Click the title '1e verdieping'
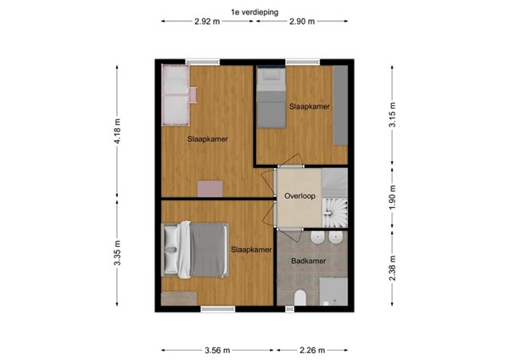point(255,9)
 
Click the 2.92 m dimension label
point(208,21)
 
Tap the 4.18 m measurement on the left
point(118,132)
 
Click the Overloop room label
point(299,196)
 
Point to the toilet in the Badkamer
point(300,296)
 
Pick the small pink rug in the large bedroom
point(209,188)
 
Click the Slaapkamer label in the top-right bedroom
point(309,107)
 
